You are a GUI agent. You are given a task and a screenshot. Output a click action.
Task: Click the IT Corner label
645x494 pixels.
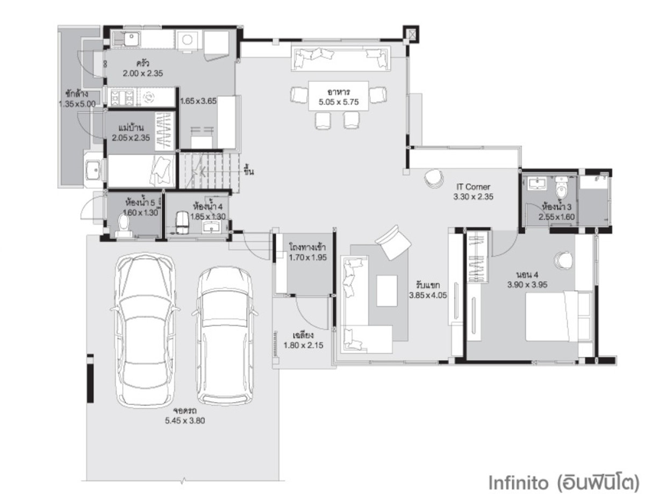[473, 187]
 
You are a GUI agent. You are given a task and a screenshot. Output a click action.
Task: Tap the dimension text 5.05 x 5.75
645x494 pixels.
[339, 102]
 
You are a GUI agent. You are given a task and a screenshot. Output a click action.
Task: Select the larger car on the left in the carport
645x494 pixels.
[144, 330]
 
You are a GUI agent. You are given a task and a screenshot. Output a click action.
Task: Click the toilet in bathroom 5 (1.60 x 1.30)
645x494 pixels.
[124, 225]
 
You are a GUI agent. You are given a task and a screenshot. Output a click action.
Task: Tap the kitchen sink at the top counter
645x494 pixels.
[131, 39]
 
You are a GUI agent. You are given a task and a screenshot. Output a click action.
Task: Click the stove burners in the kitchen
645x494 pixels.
[121, 97]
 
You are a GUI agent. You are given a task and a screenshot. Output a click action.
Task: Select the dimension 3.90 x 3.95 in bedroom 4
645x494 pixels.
[527, 284]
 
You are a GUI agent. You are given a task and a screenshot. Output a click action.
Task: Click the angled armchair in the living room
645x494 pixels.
[393, 242]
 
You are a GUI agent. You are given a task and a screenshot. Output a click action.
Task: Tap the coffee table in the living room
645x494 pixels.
[387, 291]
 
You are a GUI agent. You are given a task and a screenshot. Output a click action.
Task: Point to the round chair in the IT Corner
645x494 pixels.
[434, 178]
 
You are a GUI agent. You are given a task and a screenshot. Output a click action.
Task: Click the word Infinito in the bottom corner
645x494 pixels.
[518, 482]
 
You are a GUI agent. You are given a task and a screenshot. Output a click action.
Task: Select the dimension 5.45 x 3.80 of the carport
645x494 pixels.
[185, 421]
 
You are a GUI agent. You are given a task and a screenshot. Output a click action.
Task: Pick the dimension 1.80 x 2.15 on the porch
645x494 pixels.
[303, 345]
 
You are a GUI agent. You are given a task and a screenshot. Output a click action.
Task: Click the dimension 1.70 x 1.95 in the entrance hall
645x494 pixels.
[308, 257]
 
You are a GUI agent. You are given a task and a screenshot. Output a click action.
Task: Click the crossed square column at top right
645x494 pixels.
[412, 34]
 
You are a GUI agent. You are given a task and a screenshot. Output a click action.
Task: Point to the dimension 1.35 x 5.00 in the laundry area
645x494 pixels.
[77, 104]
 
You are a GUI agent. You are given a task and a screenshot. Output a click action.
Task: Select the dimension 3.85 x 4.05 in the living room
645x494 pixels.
[428, 295]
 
